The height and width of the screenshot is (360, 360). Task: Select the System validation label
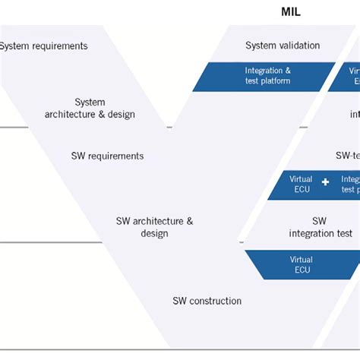(283, 46)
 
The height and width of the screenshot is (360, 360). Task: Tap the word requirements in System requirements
(59, 46)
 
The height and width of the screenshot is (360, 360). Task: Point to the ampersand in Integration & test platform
(287, 71)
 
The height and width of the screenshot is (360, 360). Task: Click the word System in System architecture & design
(90, 103)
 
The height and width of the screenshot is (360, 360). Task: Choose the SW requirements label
(107, 156)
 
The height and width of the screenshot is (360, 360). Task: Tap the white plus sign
(325, 182)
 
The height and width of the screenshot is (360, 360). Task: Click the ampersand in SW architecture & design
(189, 221)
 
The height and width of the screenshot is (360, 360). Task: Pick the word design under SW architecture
(154, 233)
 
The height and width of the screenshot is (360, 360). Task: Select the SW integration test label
(320, 227)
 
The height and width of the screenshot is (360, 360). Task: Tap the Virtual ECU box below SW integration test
(301, 264)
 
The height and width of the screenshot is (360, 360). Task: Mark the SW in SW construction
(180, 301)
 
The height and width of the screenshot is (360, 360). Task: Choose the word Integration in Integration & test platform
(263, 71)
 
